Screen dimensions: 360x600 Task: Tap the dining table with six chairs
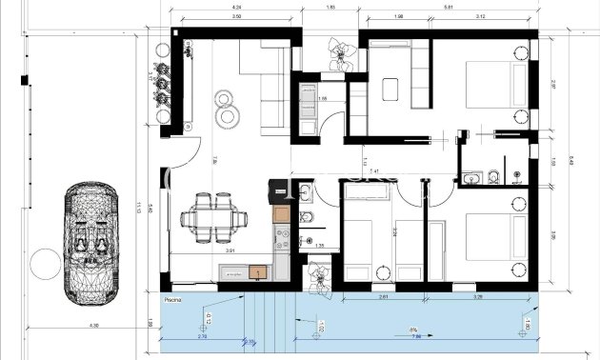(x=210, y=216)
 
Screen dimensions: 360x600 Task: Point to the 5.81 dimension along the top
(x=447, y=9)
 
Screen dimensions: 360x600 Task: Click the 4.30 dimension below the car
(x=93, y=328)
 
